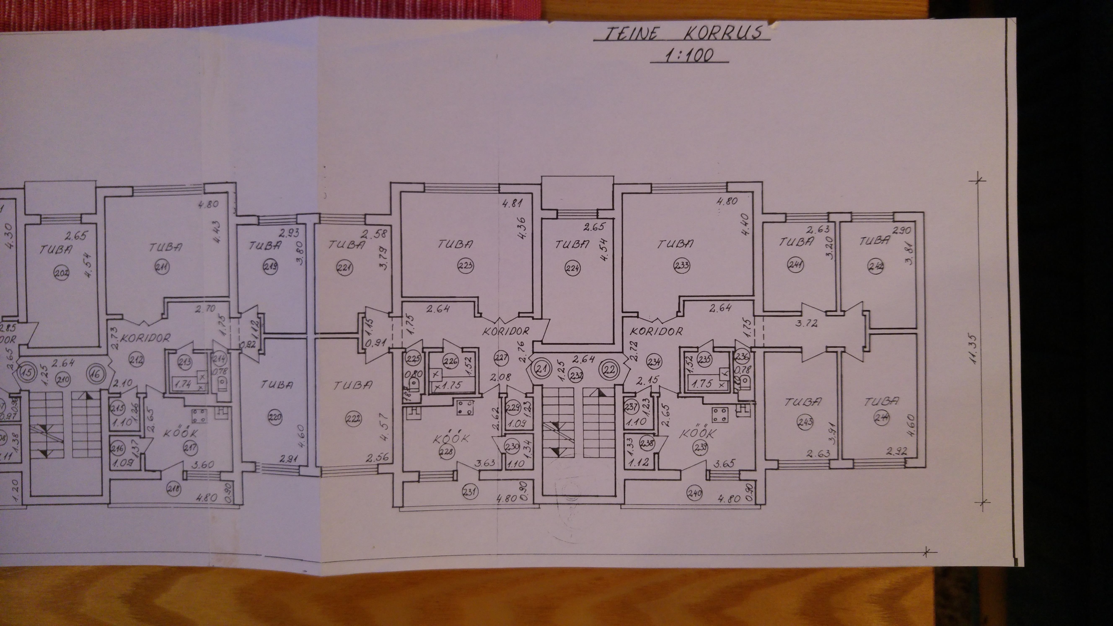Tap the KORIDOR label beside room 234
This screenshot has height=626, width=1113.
pos(657,332)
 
